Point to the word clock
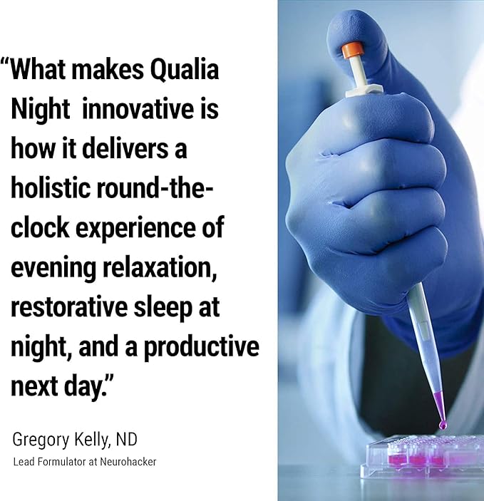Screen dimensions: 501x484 click(x=39, y=229)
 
